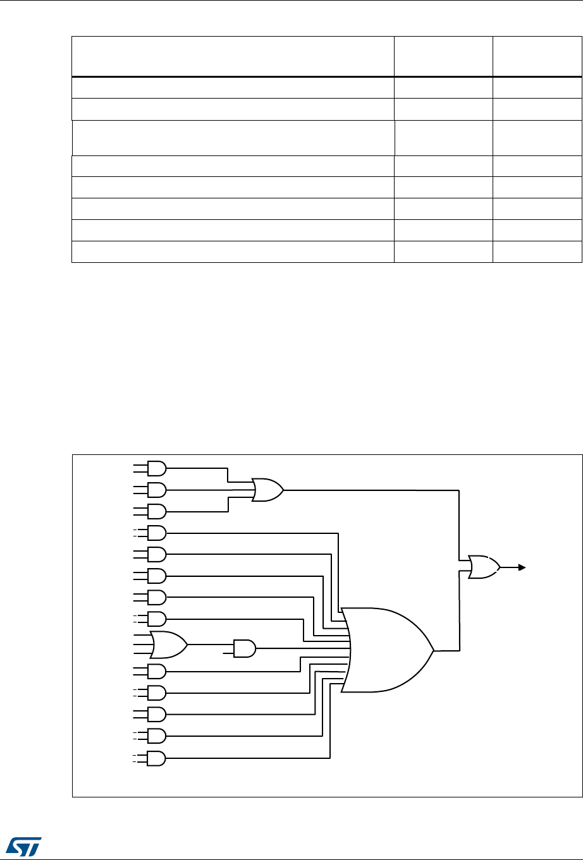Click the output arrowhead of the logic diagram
pos(522,567)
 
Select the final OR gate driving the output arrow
pos(484,567)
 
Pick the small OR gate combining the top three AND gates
pos(267,489)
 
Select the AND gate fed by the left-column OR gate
pos(244,648)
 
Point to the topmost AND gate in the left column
pos(156,468)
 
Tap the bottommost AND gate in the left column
pos(156,758)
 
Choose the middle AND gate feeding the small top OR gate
pos(156,490)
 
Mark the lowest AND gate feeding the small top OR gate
pos(156,511)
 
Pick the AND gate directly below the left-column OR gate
pos(156,672)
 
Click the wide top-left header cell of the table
pos(233,56)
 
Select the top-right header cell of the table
pos(536,56)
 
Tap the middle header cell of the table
pos(443,56)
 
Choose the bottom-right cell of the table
pos(536,252)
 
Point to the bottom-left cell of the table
pos(233,252)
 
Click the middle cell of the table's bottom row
pos(443,252)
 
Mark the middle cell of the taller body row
pos(443,138)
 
